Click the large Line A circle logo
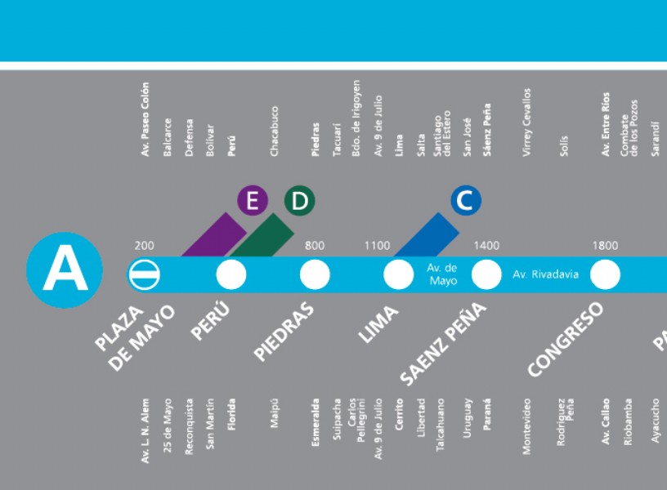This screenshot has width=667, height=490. coord(65,269)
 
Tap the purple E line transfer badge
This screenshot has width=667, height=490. coord(253,200)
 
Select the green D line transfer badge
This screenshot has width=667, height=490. coord(299,200)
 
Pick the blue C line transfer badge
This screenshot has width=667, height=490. coord(466,200)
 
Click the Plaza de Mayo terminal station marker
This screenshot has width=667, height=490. coord(144,274)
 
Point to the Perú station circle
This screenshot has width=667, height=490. coord(231,274)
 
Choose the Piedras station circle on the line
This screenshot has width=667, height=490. coord(315,274)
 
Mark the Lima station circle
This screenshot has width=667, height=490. coord(399,274)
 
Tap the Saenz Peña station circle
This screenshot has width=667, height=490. coord(486,274)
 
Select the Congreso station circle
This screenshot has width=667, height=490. coord(605,274)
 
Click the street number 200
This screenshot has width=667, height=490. coord(144,246)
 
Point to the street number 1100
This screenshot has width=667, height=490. coord(377,246)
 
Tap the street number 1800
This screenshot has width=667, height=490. coord(605,246)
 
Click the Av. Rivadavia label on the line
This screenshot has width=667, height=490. coord(545,274)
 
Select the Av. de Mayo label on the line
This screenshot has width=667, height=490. coord(442,274)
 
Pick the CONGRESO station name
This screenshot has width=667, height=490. coord(566,339)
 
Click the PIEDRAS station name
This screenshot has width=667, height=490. coord(284,332)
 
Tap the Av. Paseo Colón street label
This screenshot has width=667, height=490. coord(145,119)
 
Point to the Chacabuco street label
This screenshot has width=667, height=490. coord(274,131)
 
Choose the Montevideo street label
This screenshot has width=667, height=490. coord(526,426)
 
